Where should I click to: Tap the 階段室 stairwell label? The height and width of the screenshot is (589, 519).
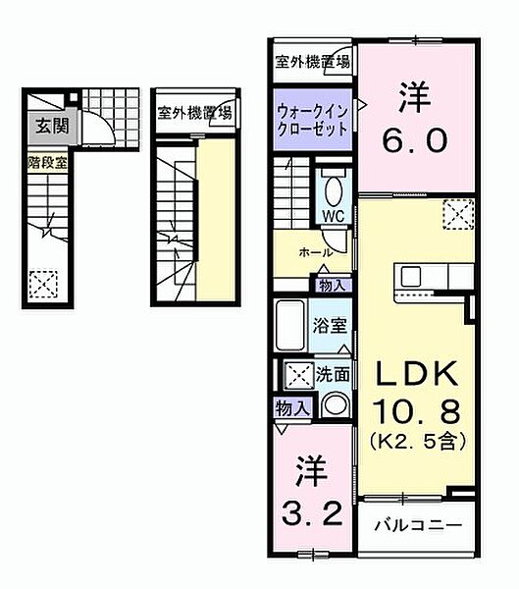(47, 163)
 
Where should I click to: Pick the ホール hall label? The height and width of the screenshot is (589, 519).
(316, 252)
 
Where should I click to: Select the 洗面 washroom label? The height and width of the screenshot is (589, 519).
(332, 374)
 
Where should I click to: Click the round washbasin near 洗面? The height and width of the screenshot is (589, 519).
(334, 405)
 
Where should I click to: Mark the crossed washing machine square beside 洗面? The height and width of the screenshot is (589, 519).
(297, 375)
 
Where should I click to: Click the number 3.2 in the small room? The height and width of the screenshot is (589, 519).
(310, 511)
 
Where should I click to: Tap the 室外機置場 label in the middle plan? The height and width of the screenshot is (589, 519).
(195, 112)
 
